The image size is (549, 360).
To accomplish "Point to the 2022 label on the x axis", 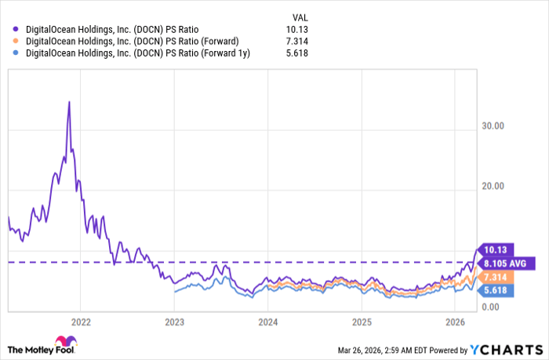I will [x=82, y=322].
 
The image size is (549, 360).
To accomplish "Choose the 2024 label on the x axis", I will [x=268, y=322].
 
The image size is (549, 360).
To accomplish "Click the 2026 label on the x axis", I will [x=455, y=322].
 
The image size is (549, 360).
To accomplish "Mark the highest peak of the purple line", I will [x=69, y=102].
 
